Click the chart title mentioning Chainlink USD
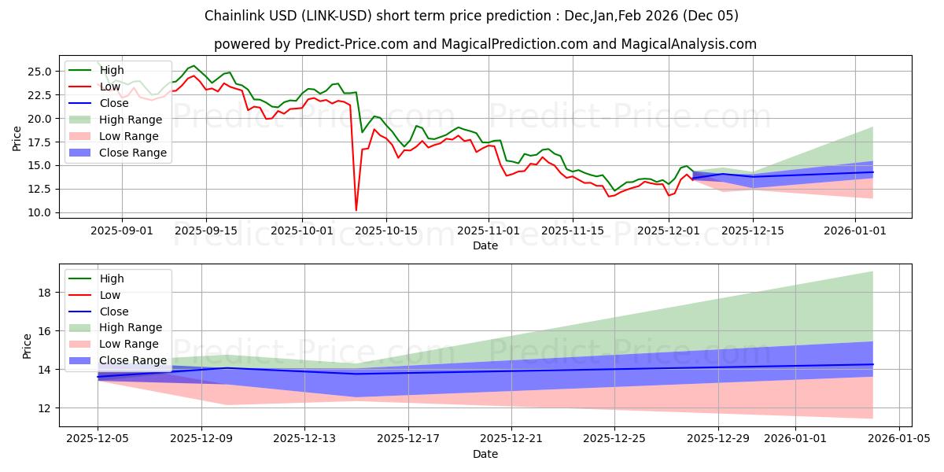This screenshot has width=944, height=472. [x=471, y=16]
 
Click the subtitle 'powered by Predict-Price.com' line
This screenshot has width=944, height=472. [x=485, y=44]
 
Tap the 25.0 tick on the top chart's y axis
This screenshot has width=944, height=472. [x=40, y=72]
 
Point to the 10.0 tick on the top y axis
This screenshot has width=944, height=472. [x=40, y=213]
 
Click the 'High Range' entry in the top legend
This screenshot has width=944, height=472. [x=130, y=120]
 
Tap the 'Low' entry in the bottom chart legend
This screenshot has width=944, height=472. [x=109, y=295]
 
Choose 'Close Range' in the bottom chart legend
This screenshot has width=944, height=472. [x=133, y=360]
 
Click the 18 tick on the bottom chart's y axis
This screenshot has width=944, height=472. [x=44, y=293]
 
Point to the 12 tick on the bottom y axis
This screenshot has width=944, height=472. [x=44, y=408]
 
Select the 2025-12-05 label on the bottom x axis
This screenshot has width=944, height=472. [x=98, y=439]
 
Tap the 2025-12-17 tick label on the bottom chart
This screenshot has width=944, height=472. [x=407, y=439]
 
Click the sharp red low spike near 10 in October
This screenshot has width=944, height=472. [x=356, y=210]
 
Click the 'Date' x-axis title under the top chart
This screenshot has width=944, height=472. [x=485, y=245]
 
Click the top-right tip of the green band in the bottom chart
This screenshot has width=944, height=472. [x=872, y=271]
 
